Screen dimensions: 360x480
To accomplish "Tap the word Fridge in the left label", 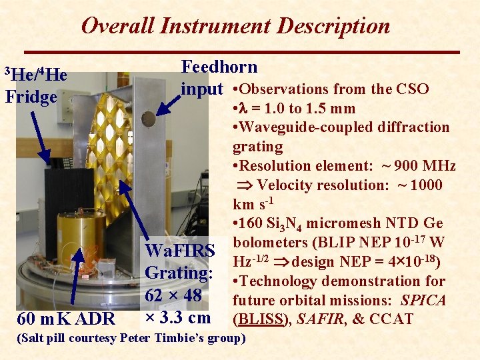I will pyautogui.click(x=31, y=97).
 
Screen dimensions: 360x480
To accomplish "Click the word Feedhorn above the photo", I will pyautogui.click(x=219, y=67).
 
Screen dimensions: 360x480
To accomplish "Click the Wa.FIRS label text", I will pyautogui.click(x=180, y=251).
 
